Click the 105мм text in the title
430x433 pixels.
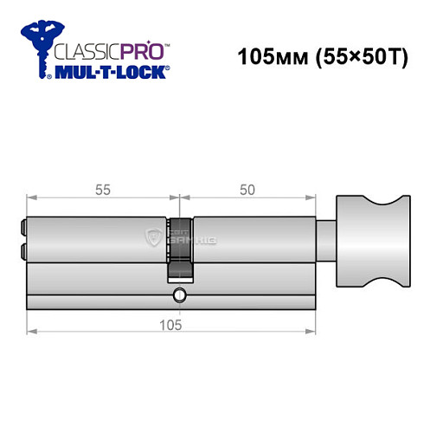pyautogui.click(x=266, y=61)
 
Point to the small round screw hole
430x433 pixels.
pyautogui.click(x=178, y=294)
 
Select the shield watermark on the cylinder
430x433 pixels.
pyautogui.click(x=156, y=236)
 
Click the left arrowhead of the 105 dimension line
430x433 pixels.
pyautogui.click(x=30, y=331)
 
